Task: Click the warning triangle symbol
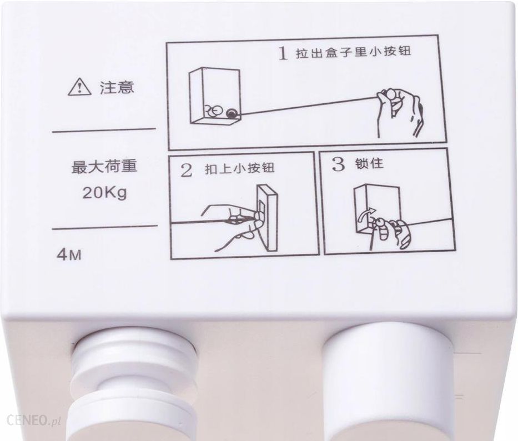tap(79, 88)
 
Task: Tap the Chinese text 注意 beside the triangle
tap(117, 88)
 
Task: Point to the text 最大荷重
tap(104, 166)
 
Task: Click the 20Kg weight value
tap(104, 193)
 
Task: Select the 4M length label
tap(69, 255)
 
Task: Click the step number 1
tap(282, 53)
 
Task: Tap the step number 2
tap(187, 171)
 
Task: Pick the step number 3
tap(338, 164)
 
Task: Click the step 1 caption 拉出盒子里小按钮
tap(353, 53)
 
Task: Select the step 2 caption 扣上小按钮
tap(239, 168)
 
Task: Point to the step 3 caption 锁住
tap(370, 163)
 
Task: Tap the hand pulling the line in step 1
tap(400, 112)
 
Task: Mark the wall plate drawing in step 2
tap(268, 217)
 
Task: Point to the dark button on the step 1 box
tap(232, 114)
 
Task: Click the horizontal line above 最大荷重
tap(104, 130)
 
